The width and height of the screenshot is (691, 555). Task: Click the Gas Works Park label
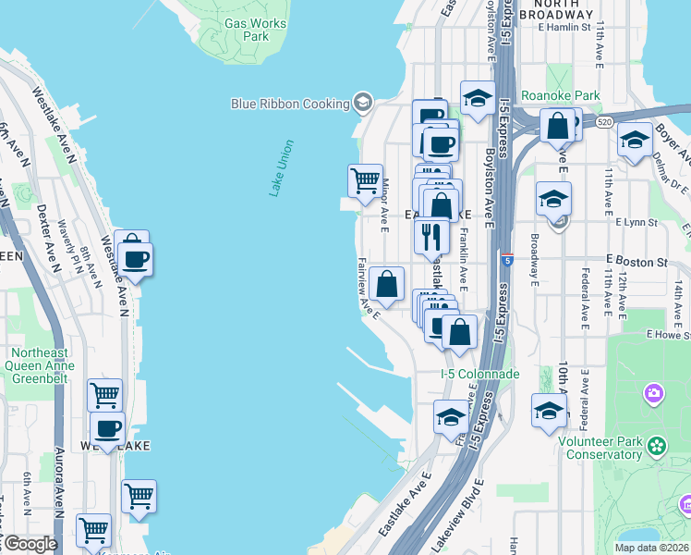pyautogui.click(x=244, y=29)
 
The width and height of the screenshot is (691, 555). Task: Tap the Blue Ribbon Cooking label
pyautogui.click(x=289, y=104)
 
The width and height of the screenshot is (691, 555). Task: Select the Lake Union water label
pyautogui.click(x=282, y=168)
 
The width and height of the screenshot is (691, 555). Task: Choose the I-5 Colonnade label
pyautogui.click(x=479, y=374)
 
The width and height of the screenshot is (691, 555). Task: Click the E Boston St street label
pyautogui.click(x=636, y=262)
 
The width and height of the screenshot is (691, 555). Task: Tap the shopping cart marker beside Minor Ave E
pyautogui.click(x=365, y=179)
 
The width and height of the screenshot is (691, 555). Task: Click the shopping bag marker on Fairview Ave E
pyautogui.click(x=388, y=283)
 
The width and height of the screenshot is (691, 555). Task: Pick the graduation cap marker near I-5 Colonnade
pyautogui.click(x=451, y=416)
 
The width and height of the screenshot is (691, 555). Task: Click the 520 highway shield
pyautogui.click(x=605, y=121)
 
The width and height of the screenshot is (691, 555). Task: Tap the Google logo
pyautogui.click(x=30, y=544)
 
